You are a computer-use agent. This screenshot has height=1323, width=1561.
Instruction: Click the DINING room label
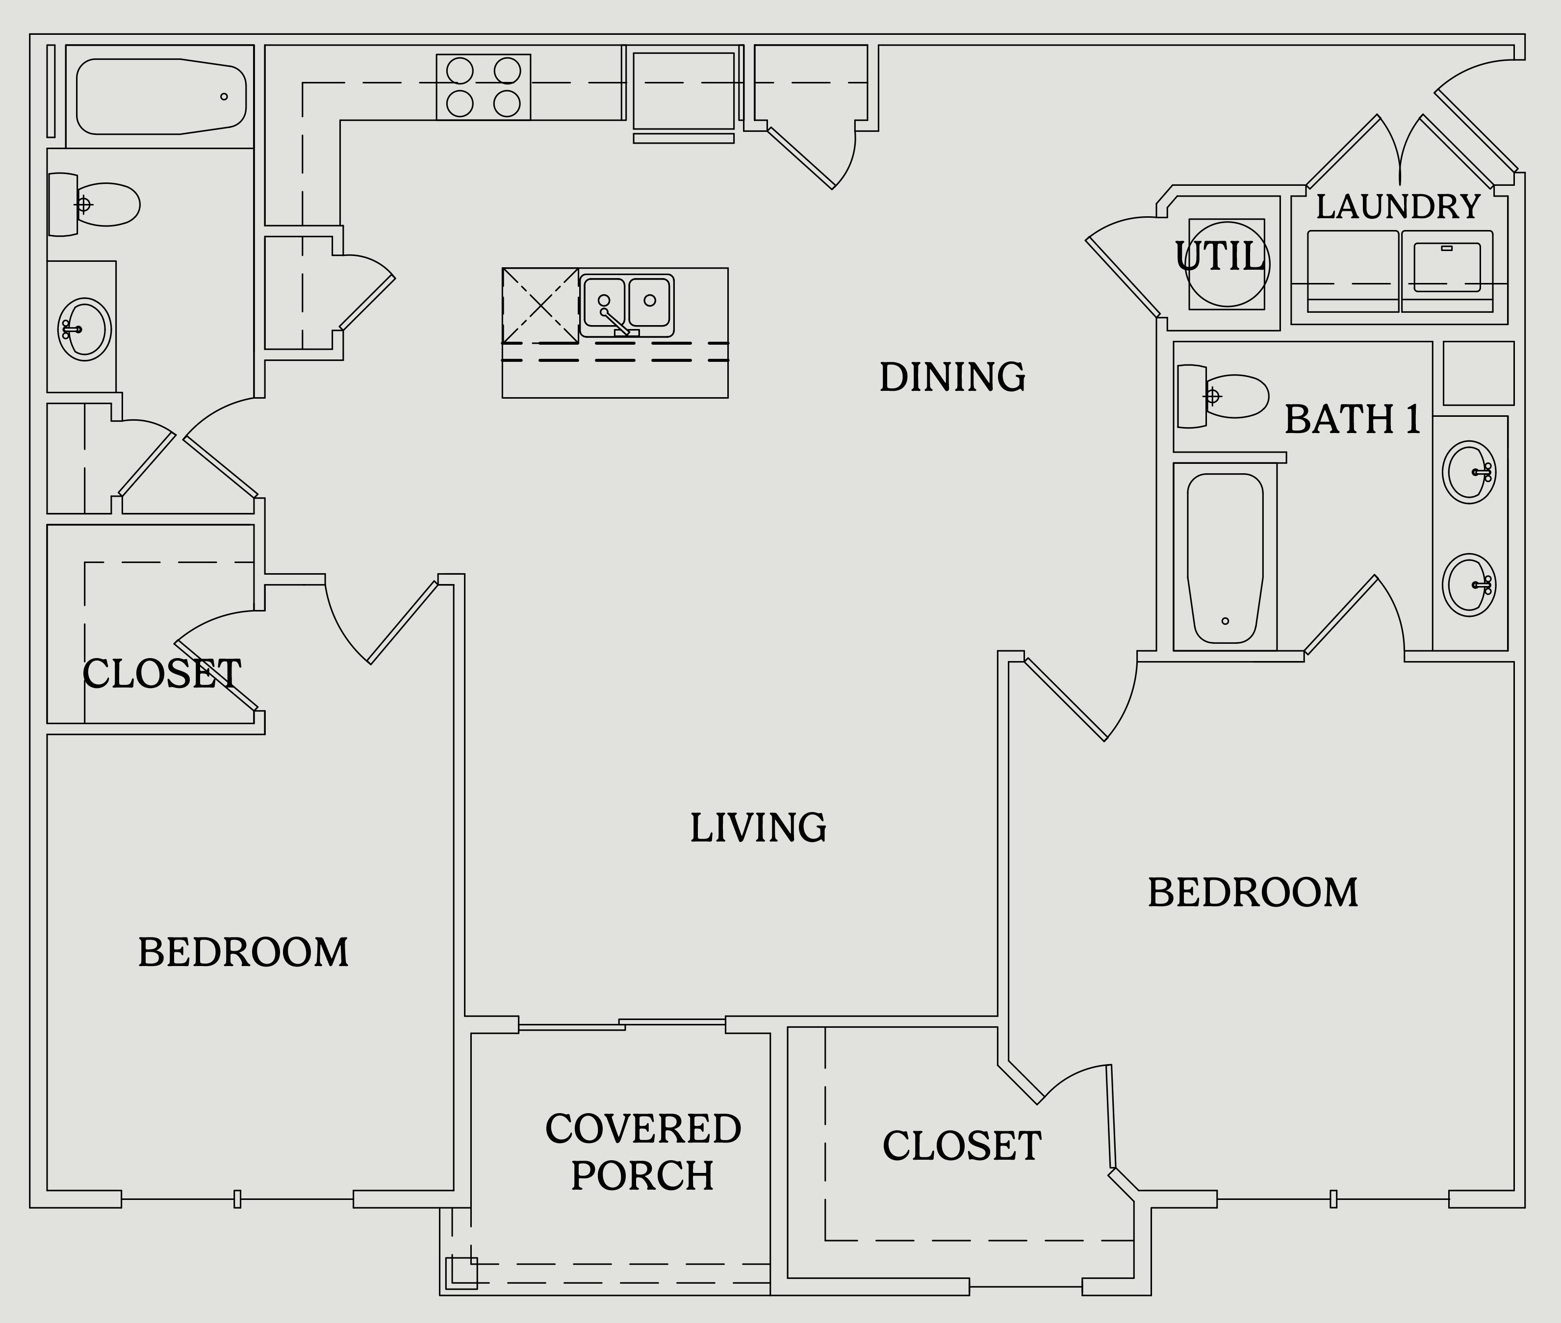tap(953, 377)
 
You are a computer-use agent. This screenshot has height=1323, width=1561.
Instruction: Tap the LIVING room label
tap(758, 828)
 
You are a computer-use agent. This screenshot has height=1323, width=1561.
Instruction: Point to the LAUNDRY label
tap(1398, 207)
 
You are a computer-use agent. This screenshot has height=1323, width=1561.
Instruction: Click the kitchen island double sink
tap(626, 305)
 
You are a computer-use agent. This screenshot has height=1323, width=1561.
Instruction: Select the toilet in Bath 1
tap(1223, 396)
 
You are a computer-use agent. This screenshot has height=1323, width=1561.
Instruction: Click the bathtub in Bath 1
tap(1225, 558)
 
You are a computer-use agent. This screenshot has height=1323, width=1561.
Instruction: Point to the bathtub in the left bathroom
tap(161, 97)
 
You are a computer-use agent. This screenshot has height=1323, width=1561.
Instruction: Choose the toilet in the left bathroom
tap(94, 204)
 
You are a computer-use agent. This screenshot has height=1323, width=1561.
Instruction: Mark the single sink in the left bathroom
tap(84, 329)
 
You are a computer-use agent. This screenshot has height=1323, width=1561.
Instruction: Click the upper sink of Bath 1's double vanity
tap(1469, 472)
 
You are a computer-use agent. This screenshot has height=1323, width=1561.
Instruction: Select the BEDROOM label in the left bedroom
tap(243, 952)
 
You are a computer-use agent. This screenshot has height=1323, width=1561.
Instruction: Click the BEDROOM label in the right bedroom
tap(1253, 892)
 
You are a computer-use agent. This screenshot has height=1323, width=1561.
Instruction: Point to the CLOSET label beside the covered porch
tap(962, 1146)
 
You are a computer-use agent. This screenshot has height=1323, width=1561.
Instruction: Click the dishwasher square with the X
tap(540, 305)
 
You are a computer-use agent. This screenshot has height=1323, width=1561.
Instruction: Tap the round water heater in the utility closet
tap(1227, 264)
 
